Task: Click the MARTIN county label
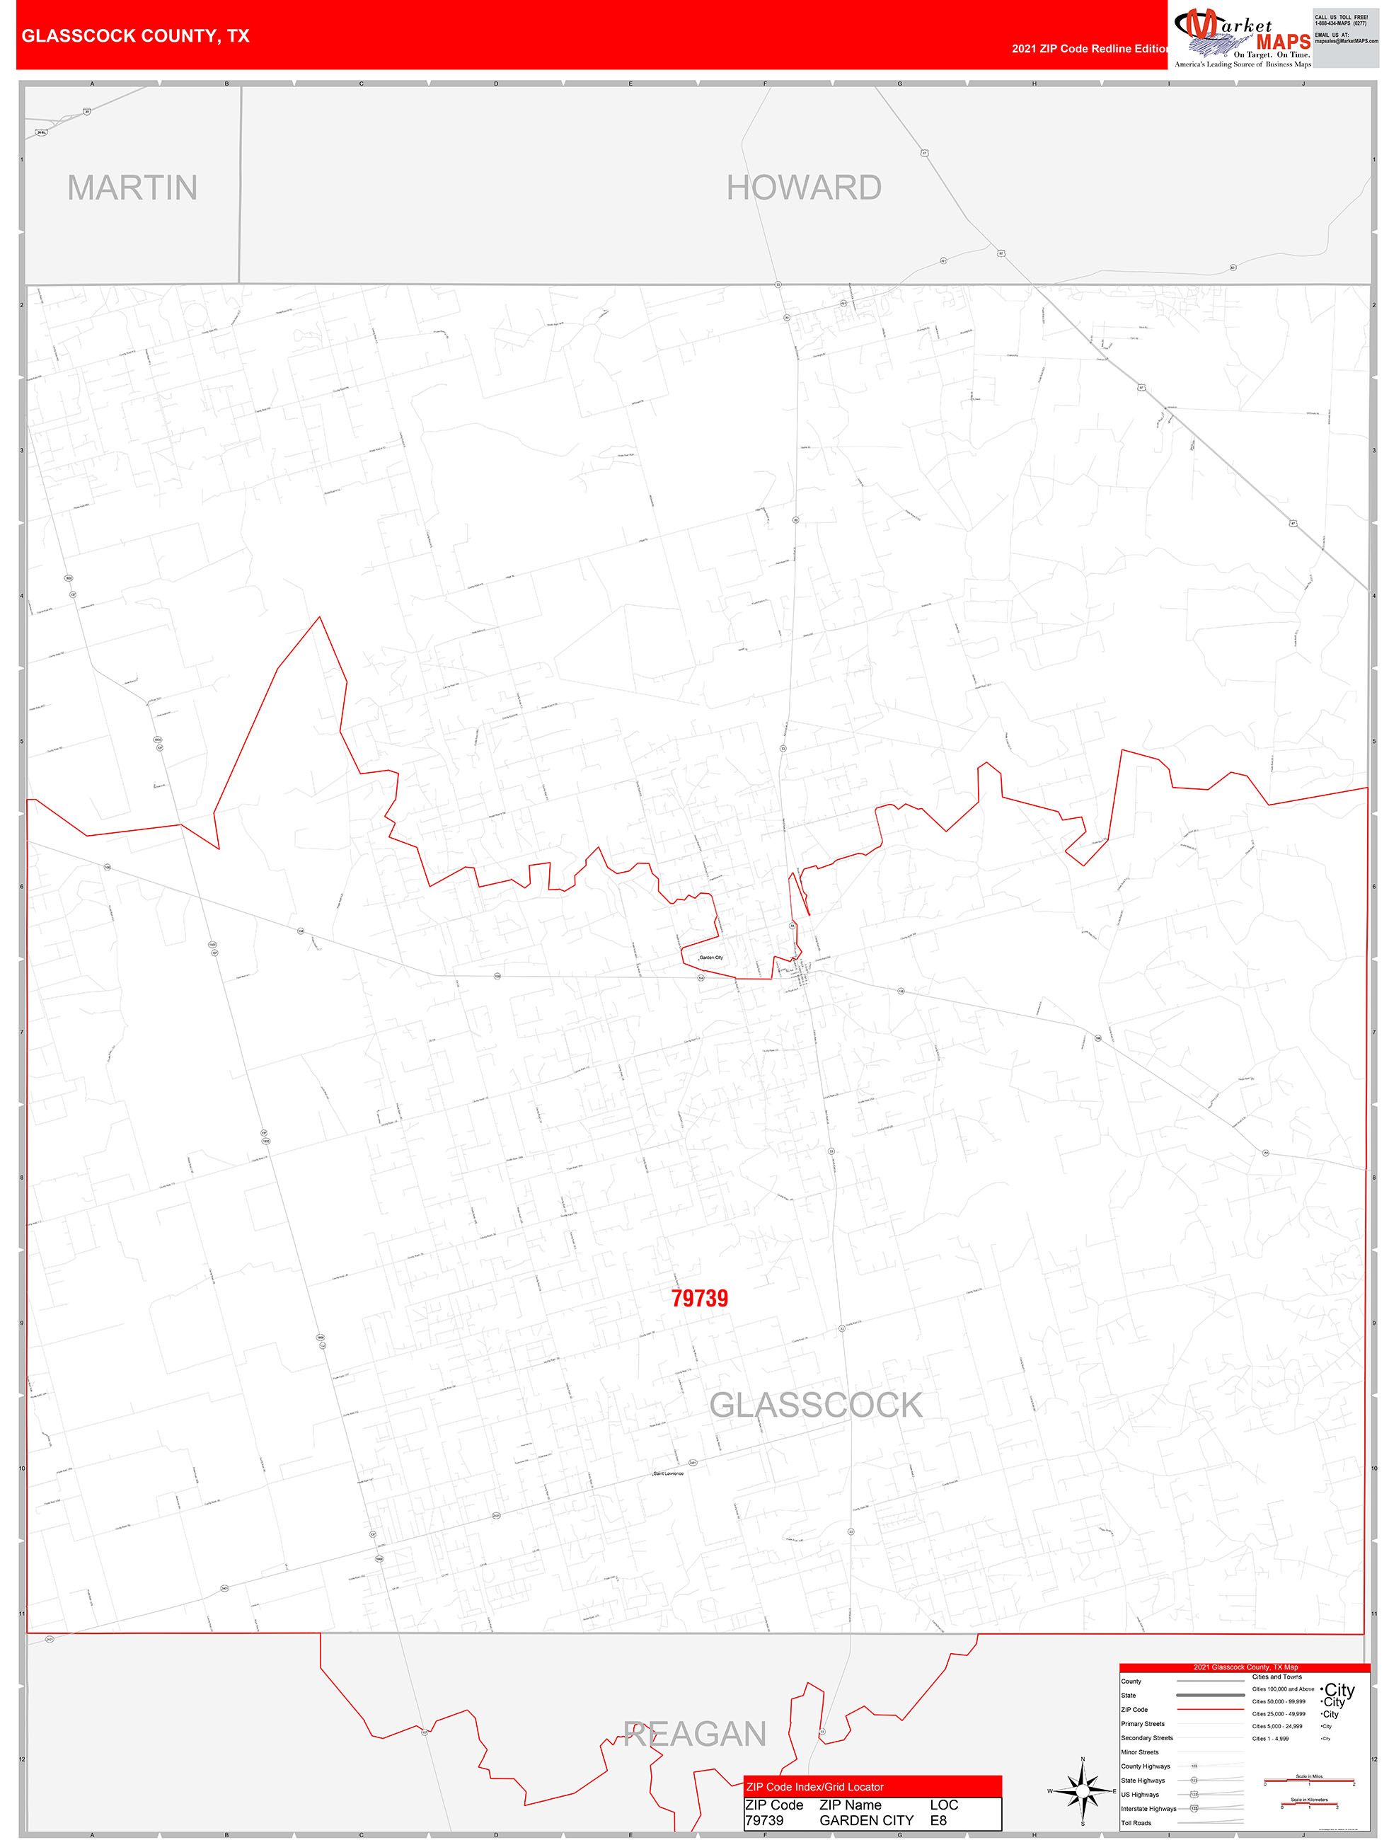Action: [132, 188]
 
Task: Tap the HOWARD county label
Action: [803, 188]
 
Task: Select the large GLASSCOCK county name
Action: [815, 1405]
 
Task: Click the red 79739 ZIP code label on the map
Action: [700, 1299]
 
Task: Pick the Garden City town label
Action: [711, 958]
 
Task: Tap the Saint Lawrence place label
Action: [669, 1473]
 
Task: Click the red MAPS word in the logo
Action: [1283, 42]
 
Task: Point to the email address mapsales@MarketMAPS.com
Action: [1346, 41]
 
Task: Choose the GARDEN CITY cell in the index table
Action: [866, 1820]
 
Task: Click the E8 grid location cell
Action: [938, 1820]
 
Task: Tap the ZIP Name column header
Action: [850, 1805]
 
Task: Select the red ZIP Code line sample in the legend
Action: [1210, 1709]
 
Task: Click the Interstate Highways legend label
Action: [1148, 1808]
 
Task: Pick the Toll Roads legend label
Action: [1136, 1822]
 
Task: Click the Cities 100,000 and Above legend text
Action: [1284, 1689]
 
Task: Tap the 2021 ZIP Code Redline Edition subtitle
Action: [1090, 49]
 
